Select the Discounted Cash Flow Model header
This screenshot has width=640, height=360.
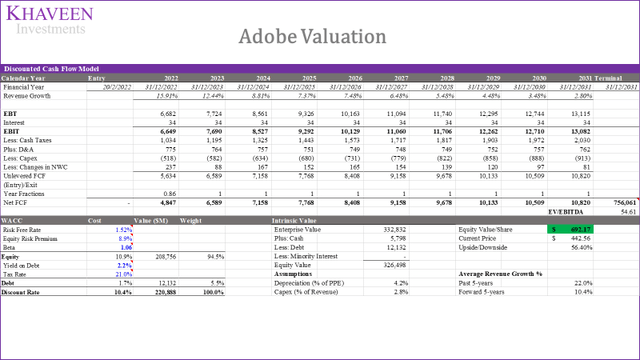pos(44,69)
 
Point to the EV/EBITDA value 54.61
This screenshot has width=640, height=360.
pos(626,213)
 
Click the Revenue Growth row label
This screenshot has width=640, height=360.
pos(27,95)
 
